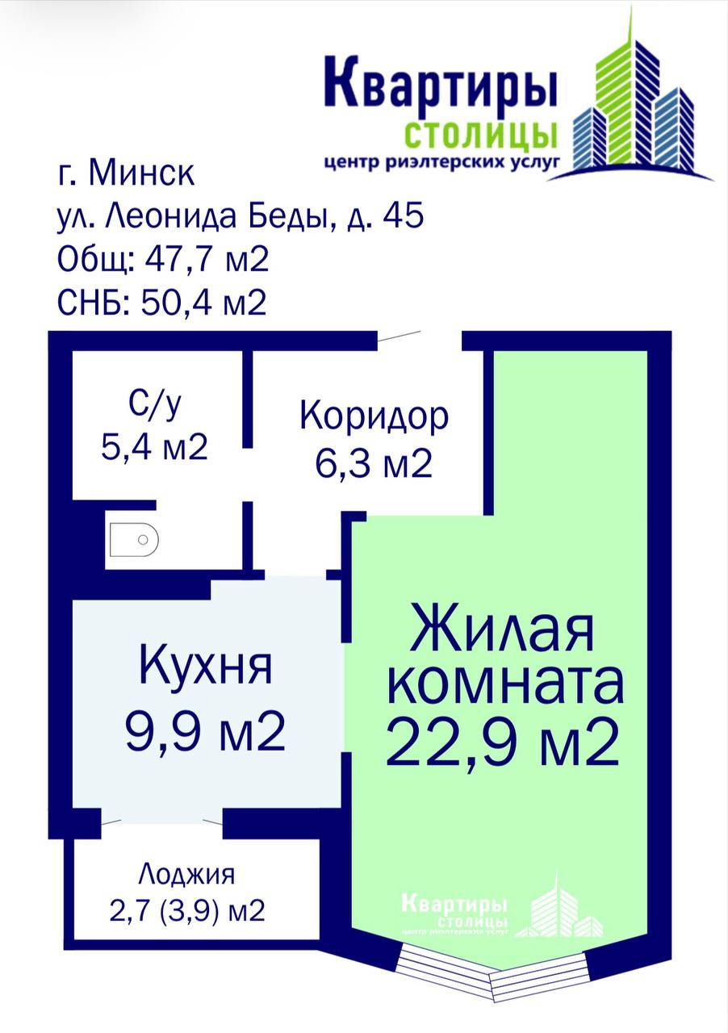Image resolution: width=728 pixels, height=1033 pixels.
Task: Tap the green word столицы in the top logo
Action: [481, 135]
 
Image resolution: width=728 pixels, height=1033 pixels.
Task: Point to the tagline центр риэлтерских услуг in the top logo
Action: [442, 162]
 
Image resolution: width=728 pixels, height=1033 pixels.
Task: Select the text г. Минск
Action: [126, 173]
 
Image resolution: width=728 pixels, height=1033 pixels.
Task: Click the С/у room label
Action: [154, 405]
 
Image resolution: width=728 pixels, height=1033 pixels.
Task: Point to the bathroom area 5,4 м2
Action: [154, 447]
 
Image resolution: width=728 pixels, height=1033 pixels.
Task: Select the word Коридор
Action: [374, 417]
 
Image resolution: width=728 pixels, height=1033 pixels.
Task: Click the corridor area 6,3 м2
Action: [374, 463]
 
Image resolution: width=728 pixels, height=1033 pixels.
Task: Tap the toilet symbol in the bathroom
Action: [134, 539]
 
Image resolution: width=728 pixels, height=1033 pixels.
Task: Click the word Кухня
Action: [205, 667]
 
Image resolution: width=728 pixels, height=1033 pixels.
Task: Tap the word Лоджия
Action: [187, 874]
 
